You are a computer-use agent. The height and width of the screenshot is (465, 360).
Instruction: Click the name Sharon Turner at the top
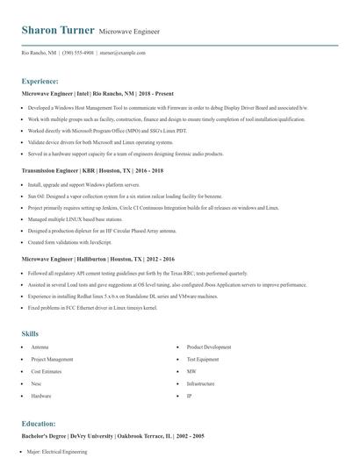click(x=57, y=30)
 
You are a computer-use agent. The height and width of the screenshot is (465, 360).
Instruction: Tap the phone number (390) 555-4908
click(x=79, y=53)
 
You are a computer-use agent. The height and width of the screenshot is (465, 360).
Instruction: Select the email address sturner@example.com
click(x=121, y=53)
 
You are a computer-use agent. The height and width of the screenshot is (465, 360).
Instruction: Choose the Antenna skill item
click(x=40, y=347)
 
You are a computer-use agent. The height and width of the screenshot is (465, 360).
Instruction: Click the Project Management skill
click(x=52, y=360)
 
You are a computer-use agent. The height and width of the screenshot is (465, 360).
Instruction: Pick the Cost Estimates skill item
click(x=47, y=372)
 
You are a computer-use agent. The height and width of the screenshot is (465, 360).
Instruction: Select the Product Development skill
click(x=209, y=347)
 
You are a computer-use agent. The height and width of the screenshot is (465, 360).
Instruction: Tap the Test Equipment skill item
click(x=203, y=360)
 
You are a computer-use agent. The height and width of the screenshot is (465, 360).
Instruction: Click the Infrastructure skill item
click(x=201, y=384)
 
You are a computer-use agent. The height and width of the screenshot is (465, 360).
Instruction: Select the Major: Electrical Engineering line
click(x=57, y=452)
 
